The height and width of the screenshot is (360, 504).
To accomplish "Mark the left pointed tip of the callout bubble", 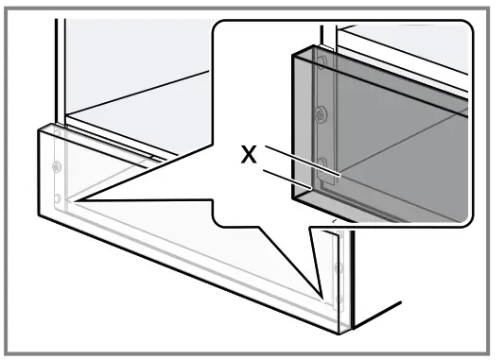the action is pos(65,201).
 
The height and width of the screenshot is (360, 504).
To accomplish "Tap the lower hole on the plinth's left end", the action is pos(57,198).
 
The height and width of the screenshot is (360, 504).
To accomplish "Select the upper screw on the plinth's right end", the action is pos(339,268).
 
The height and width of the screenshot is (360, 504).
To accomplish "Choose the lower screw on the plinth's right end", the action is pos(336,304).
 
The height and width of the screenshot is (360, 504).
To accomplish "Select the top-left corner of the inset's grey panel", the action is pos(291,53).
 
